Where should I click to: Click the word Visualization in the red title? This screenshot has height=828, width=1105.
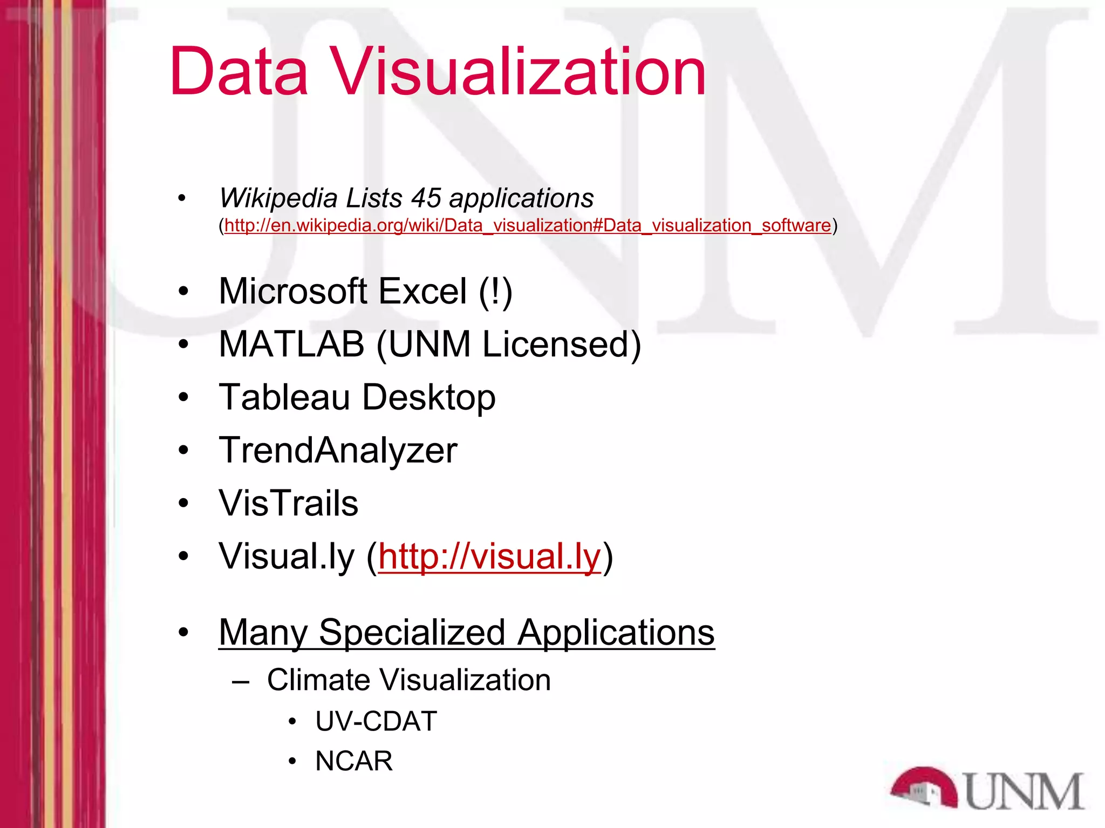click(x=518, y=71)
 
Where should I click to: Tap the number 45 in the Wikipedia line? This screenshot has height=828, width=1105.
click(x=426, y=198)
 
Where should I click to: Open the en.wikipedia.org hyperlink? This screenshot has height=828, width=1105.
click(x=528, y=225)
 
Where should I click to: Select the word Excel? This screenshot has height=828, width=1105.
click(x=422, y=292)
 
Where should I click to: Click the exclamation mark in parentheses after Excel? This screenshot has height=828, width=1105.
click(x=495, y=292)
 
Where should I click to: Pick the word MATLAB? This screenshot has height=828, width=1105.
click(x=291, y=344)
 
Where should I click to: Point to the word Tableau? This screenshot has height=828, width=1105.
click(x=284, y=397)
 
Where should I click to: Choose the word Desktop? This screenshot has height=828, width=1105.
click(x=429, y=397)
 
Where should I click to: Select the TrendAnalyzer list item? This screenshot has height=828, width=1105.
click(x=338, y=451)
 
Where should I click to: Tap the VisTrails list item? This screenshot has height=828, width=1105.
click(x=288, y=503)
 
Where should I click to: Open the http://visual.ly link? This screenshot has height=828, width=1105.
click(x=489, y=556)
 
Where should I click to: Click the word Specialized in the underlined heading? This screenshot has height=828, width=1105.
click(x=412, y=632)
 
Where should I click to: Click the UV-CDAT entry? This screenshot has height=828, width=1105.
click(x=376, y=721)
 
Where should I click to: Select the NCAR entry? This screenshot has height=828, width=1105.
click(x=354, y=761)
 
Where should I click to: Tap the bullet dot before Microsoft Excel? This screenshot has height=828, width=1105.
click(x=183, y=292)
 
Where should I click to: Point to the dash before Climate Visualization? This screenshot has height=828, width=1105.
click(x=241, y=681)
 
